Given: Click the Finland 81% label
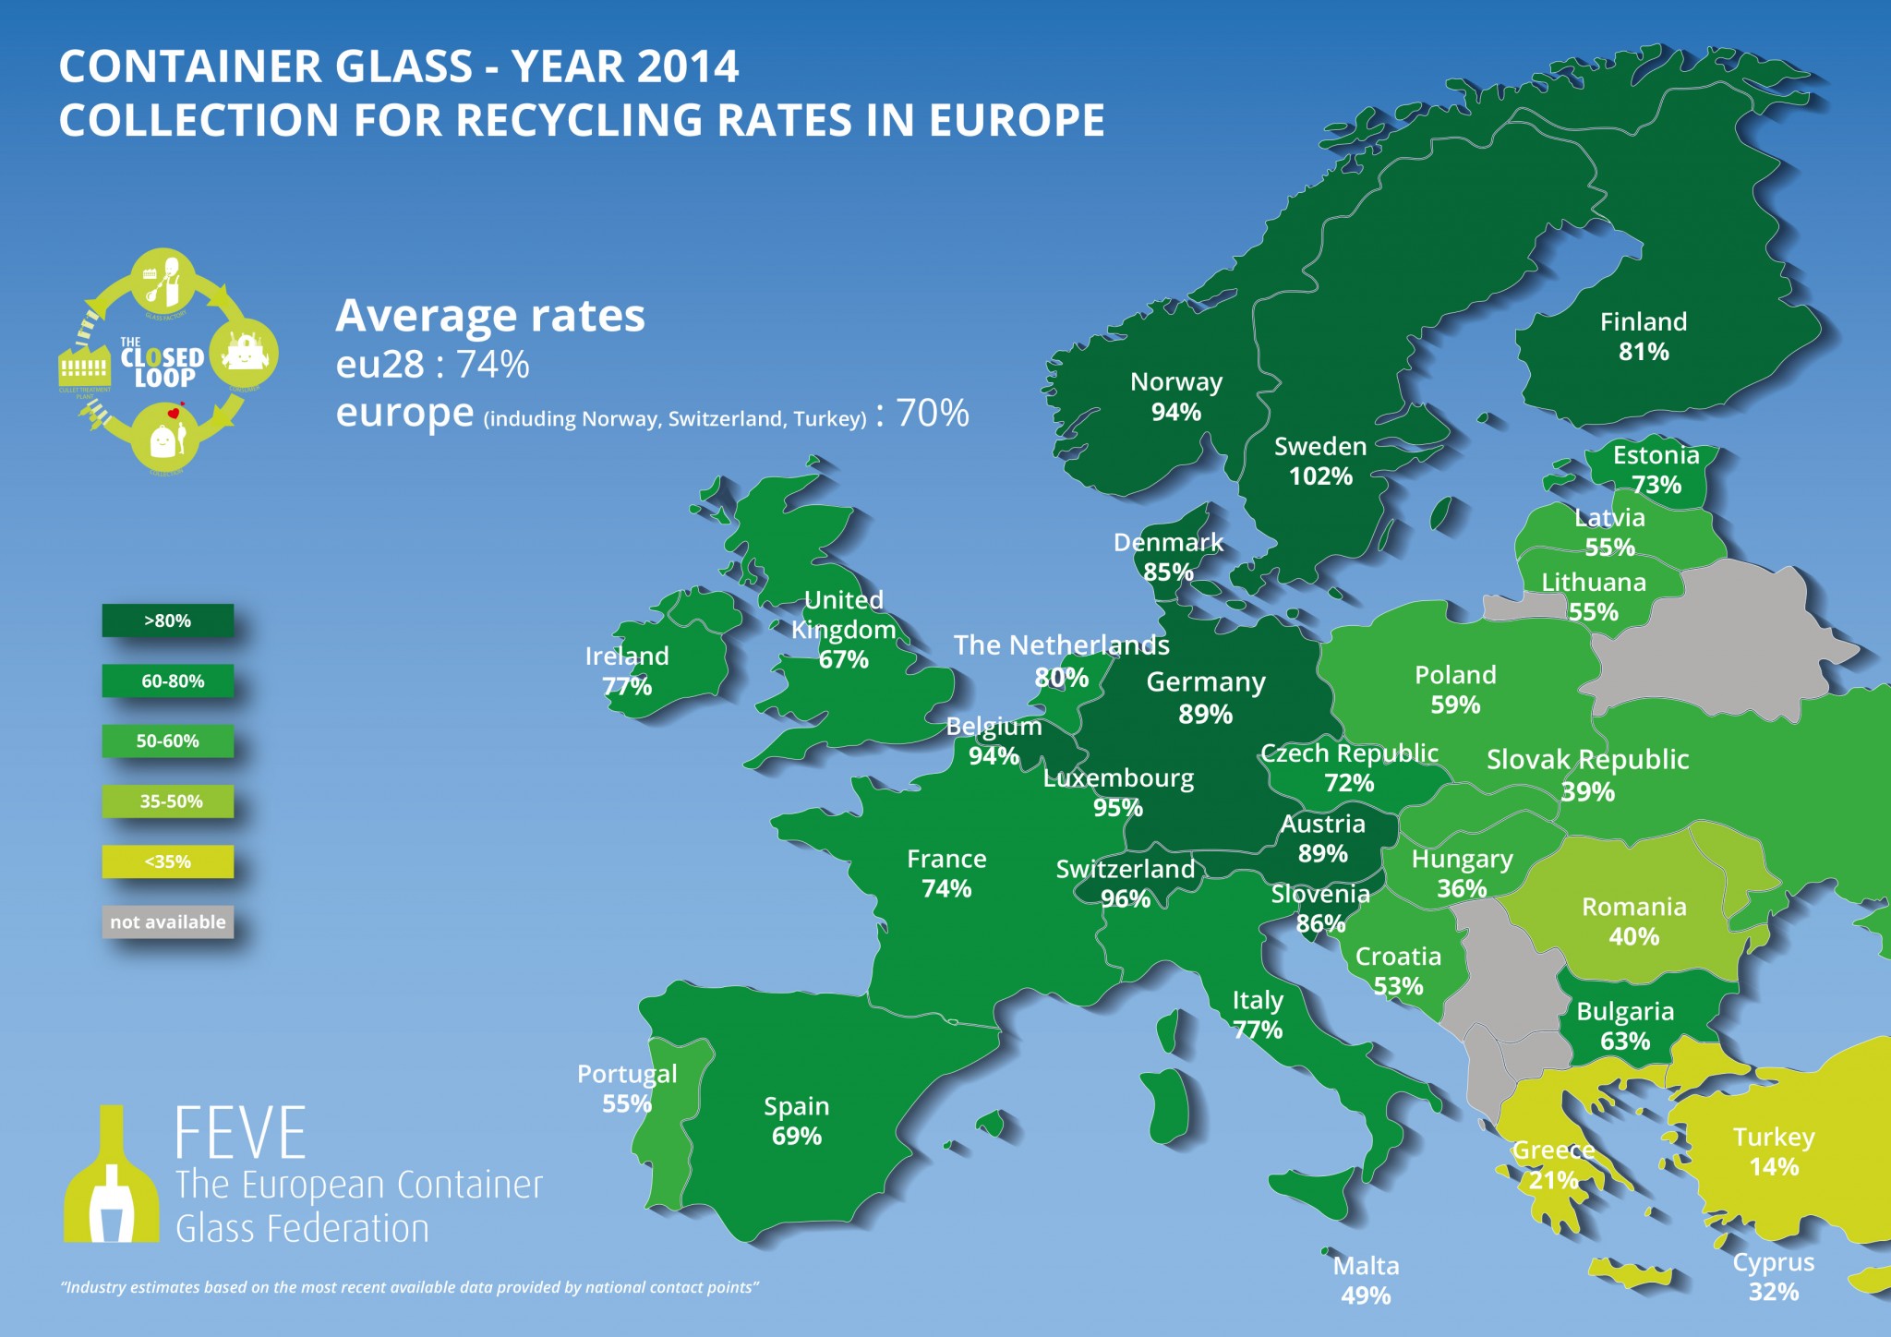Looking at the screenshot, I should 1644,336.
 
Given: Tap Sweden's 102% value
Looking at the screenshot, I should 1320,476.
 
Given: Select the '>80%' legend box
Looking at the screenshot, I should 168,620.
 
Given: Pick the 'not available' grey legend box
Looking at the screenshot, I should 168,921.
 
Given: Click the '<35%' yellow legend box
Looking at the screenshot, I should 168,861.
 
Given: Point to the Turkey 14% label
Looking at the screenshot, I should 1774,1151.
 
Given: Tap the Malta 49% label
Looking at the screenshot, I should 1366,1280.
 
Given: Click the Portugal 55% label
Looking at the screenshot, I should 627,1088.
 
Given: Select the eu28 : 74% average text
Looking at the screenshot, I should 432,365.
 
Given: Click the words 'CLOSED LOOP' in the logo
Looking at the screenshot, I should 163,367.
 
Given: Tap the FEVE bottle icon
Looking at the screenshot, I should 111,1177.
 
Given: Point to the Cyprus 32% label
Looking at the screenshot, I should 1773,1276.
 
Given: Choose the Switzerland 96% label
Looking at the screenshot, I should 1126,884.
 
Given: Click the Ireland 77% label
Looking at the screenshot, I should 627,670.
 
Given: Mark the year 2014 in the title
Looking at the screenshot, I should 687,66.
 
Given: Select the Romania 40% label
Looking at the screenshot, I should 1633,921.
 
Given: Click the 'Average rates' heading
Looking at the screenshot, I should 489,316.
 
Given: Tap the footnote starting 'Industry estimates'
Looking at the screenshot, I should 409,1287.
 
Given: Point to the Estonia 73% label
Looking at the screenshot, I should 1656,469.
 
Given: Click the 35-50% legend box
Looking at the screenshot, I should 168,801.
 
